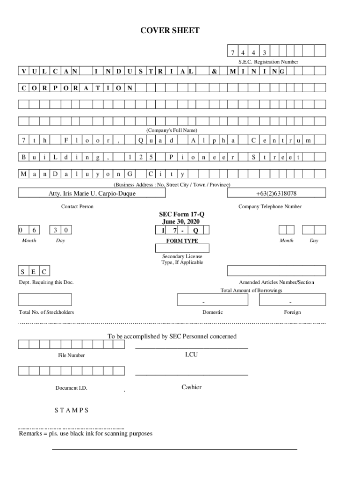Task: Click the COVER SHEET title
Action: click(170, 31)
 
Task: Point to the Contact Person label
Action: click(77, 207)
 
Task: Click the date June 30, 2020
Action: click(182, 222)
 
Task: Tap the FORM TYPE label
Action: click(182, 241)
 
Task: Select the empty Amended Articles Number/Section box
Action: click(276, 271)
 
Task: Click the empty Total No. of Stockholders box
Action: click(45, 299)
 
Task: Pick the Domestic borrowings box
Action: click(203, 299)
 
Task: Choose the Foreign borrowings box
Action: click(291, 299)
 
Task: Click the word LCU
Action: click(191, 355)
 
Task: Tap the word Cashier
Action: click(191, 387)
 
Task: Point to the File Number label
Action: click(72, 356)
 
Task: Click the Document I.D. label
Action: click(71, 388)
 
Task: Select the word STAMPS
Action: click(72, 410)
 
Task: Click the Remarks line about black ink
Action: click(86, 434)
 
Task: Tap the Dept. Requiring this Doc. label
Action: click(46, 283)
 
